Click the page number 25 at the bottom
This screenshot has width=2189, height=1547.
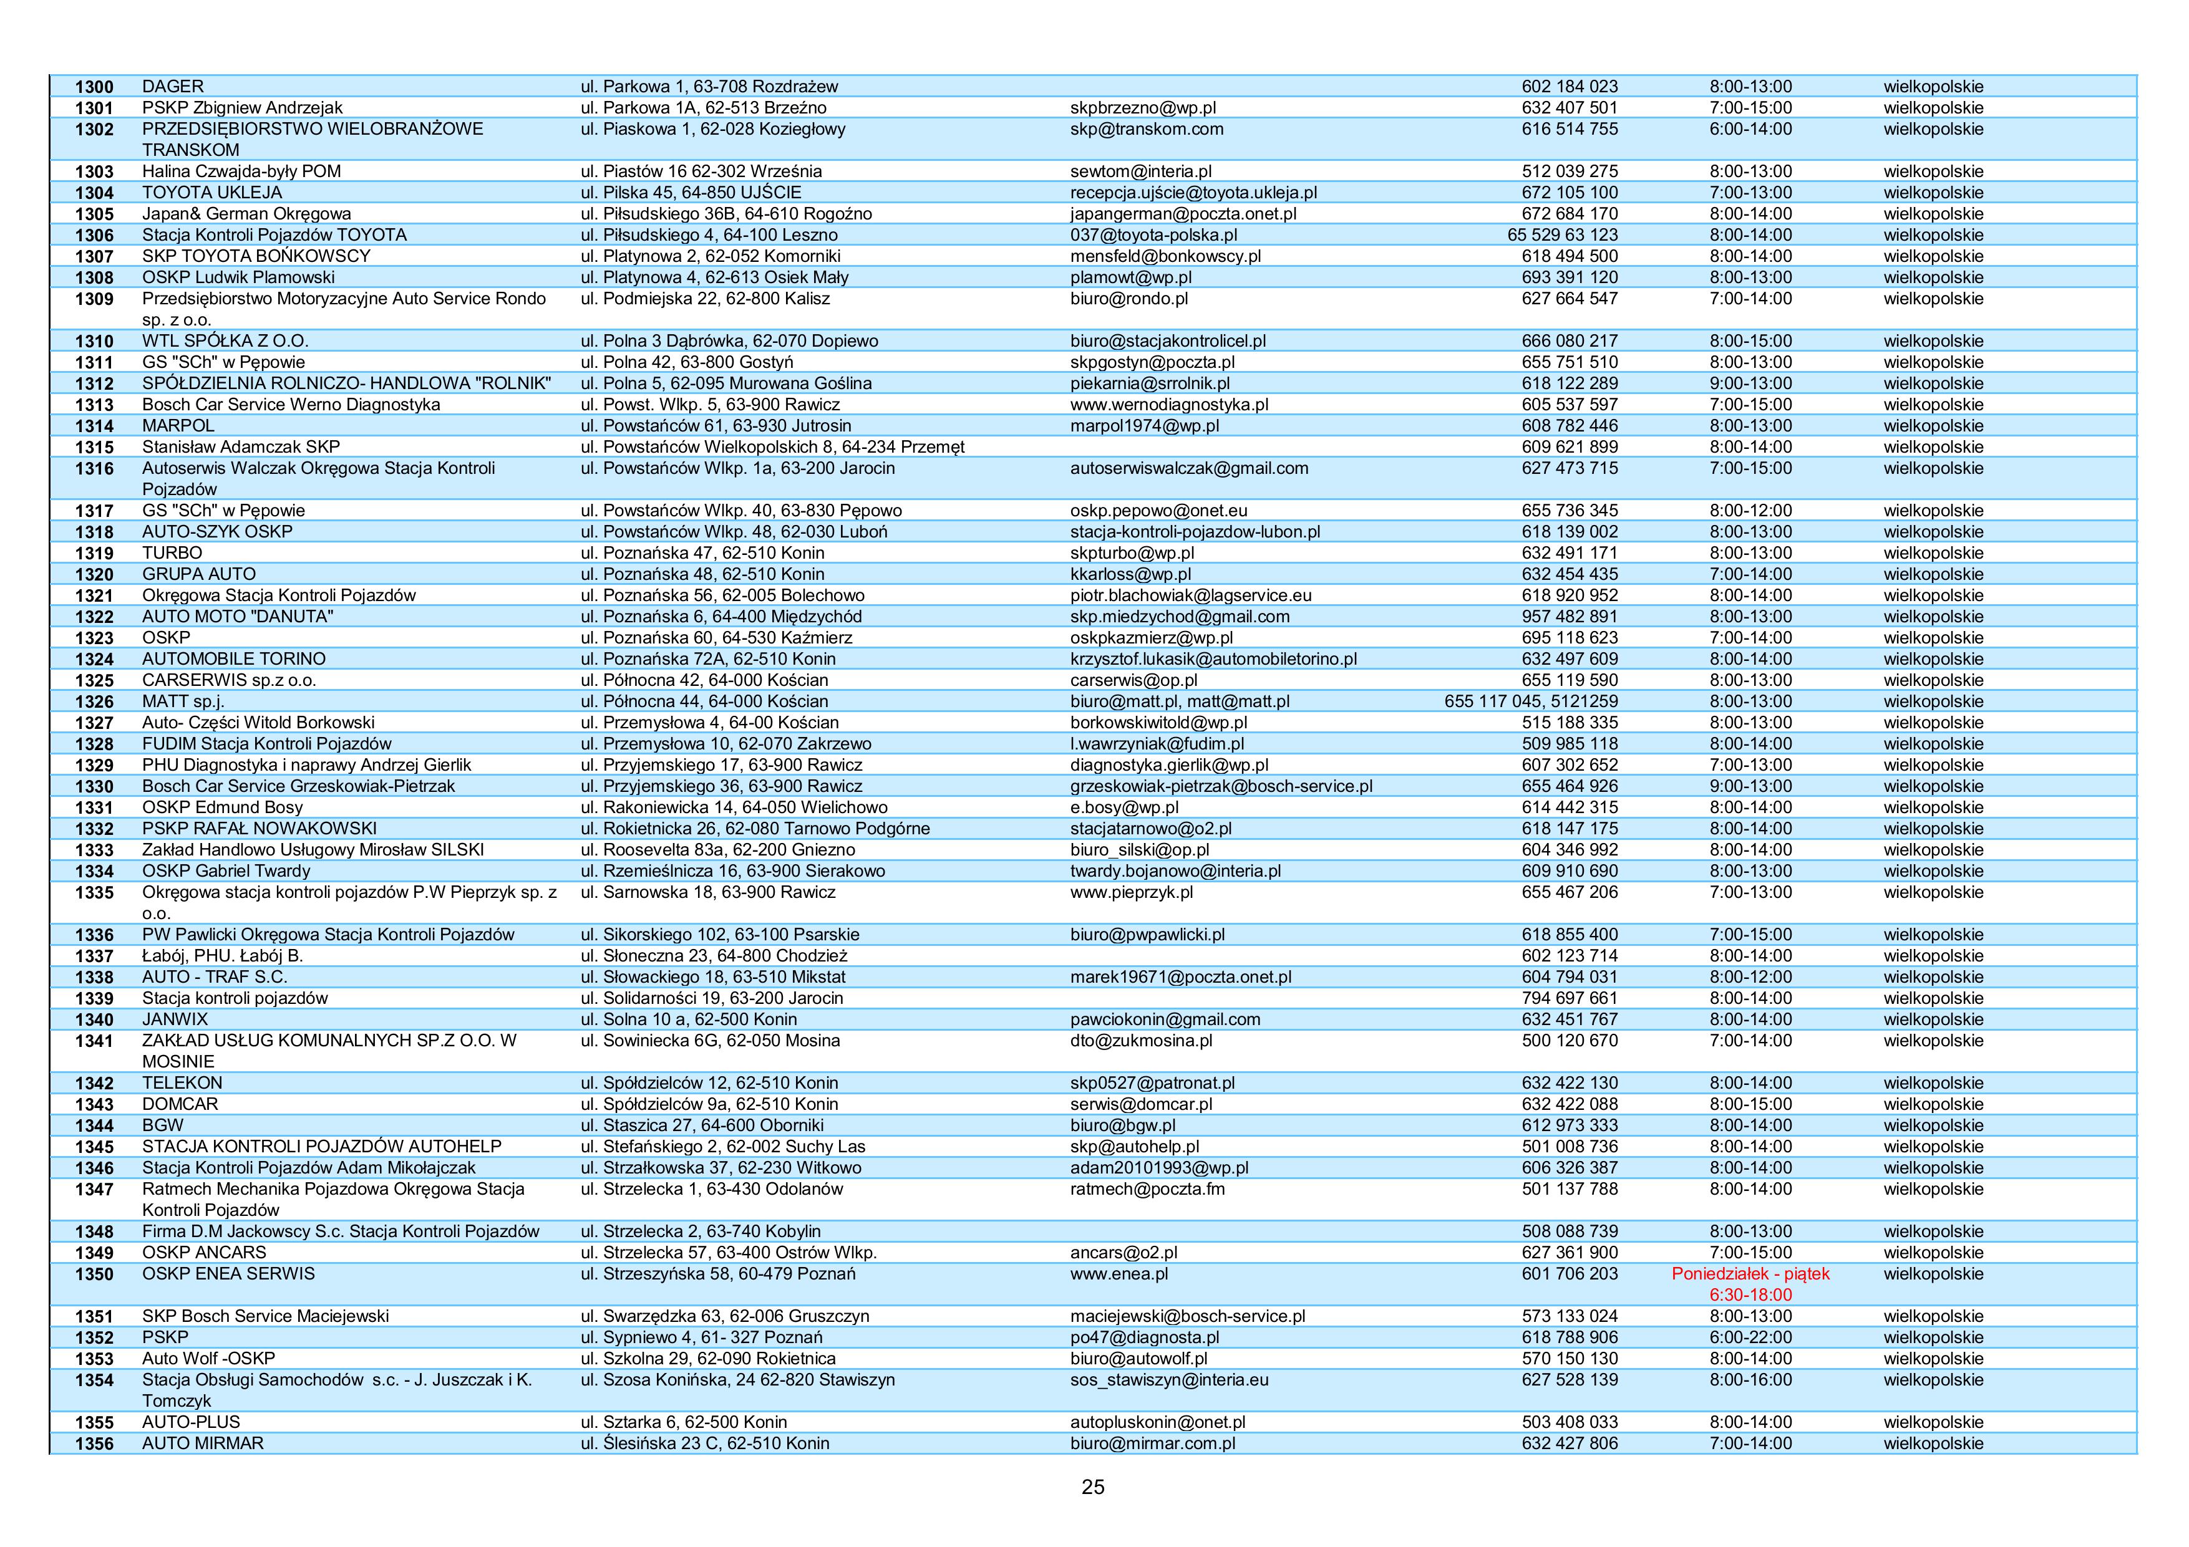point(1092,1487)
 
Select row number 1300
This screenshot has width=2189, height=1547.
point(94,87)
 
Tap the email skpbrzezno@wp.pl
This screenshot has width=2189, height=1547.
point(1142,108)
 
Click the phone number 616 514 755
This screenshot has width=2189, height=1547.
point(1570,128)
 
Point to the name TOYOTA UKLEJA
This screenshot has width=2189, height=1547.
point(211,193)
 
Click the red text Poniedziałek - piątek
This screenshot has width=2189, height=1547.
point(1750,1273)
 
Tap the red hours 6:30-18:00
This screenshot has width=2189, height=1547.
point(1750,1294)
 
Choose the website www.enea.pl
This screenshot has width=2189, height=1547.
point(1119,1273)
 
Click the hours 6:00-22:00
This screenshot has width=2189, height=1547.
point(1750,1337)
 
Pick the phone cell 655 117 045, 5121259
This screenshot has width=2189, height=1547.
point(1530,701)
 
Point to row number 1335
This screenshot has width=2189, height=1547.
point(94,892)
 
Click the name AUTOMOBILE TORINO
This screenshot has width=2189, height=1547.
point(233,658)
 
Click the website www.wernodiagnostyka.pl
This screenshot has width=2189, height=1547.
point(1169,404)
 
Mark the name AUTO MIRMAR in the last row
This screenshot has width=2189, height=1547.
point(202,1443)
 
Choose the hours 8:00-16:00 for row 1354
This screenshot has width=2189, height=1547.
point(1750,1379)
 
